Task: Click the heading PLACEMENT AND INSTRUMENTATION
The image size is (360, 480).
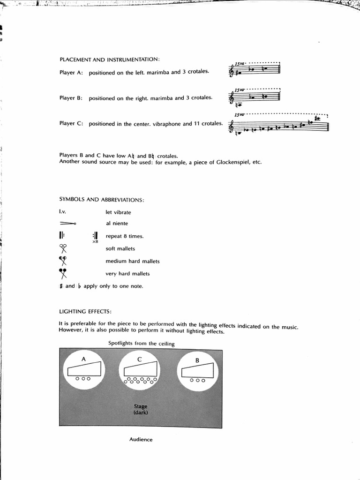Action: (x=110, y=60)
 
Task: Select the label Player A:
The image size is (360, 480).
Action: (x=71, y=73)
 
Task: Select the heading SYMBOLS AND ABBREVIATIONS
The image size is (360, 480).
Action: (x=101, y=199)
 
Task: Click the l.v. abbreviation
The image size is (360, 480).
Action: (x=62, y=211)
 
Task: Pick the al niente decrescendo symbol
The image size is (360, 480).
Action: (x=68, y=224)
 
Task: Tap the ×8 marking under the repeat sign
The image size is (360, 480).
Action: (x=95, y=242)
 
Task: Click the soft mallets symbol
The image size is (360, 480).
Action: (x=63, y=248)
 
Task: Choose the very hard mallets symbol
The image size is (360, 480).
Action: (x=63, y=274)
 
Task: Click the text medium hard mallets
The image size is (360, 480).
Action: (x=132, y=261)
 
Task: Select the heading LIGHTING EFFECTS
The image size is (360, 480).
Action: (x=85, y=311)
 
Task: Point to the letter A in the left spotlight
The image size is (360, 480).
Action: (x=83, y=359)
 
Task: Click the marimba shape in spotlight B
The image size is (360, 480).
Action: (x=199, y=371)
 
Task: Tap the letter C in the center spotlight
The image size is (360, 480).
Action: (x=140, y=359)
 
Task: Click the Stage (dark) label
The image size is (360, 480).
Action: (x=141, y=409)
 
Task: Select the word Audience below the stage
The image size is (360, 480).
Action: (x=141, y=440)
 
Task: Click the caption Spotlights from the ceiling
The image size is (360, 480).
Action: (x=141, y=343)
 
